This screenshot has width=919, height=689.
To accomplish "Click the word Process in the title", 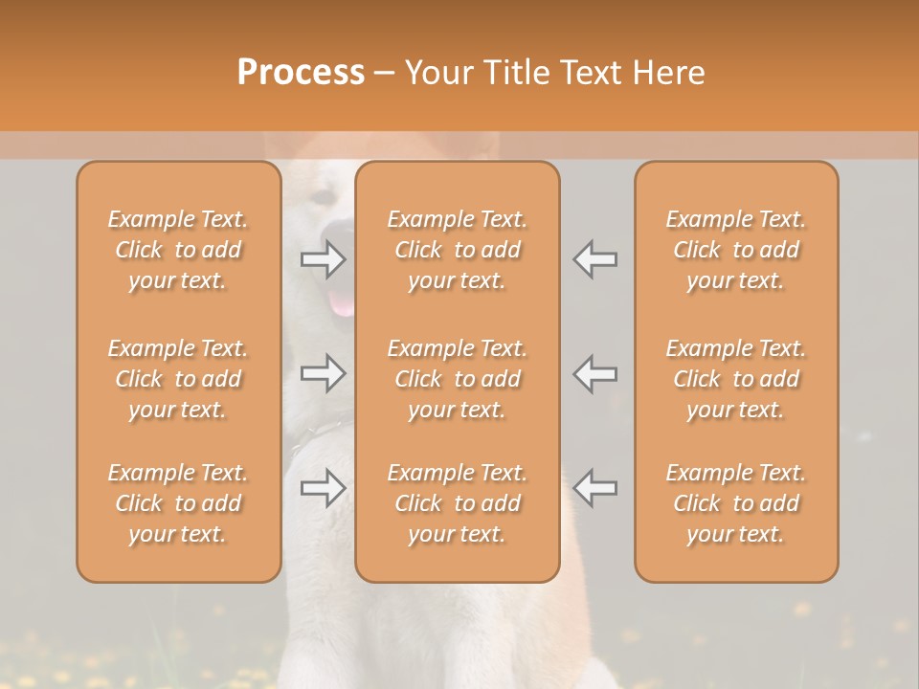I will tap(301, 72).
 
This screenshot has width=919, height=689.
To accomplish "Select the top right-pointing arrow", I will tap(323, 259).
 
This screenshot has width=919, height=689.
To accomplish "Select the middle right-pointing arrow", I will tap(323, 373).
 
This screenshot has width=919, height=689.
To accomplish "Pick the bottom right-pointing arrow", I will tap(323, 488).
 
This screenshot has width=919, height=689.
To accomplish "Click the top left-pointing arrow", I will tap(595, 259).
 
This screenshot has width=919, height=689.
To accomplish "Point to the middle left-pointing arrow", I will tap(595, 373).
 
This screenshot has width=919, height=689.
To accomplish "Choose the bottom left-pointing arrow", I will tap(595, 488).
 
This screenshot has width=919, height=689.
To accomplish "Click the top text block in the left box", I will tap(178, 250).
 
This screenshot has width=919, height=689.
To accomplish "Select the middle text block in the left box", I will tap(178, 379).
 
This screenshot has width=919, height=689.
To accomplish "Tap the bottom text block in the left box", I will tap(178, 503).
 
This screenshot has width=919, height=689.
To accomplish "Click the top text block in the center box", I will tap(458, 250).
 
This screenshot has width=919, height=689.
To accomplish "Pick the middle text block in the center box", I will tap(458, 379).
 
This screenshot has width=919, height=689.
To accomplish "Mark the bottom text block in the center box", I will tap(458, 503).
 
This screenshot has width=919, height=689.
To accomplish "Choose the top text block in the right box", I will tap(736, 250).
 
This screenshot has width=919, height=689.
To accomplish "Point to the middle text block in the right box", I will tap(736, 379).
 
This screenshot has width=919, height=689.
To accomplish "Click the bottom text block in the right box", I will tap(736, 503).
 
